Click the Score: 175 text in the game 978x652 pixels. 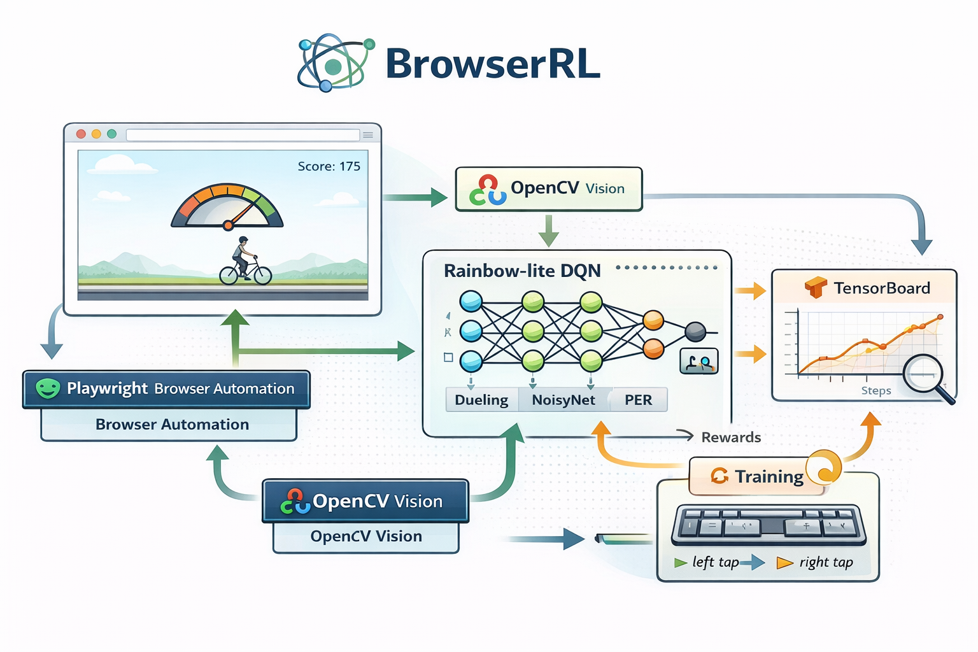click(329, 166)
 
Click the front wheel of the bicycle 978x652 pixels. click(262, 275)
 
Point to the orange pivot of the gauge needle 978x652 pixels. click(228, 225)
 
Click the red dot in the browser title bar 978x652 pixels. click(81, 134)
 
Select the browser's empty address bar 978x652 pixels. click(243, 135)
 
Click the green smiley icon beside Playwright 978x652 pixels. click(48, 388)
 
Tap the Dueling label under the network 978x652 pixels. click(481, 400)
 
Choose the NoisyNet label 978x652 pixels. click(563, 400)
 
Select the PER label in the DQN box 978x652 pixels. click(638, 400)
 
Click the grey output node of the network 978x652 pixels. click(695, 332)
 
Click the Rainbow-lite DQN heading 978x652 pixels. click(522, 271)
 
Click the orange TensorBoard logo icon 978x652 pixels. click(816, 288)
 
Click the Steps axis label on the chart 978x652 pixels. click(876, 390)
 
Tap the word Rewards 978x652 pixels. click(731, 437)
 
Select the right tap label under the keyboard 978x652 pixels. click(826, 562)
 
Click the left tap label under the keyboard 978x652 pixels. click(716, 562)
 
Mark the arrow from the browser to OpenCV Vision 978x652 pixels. click(417, 197)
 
